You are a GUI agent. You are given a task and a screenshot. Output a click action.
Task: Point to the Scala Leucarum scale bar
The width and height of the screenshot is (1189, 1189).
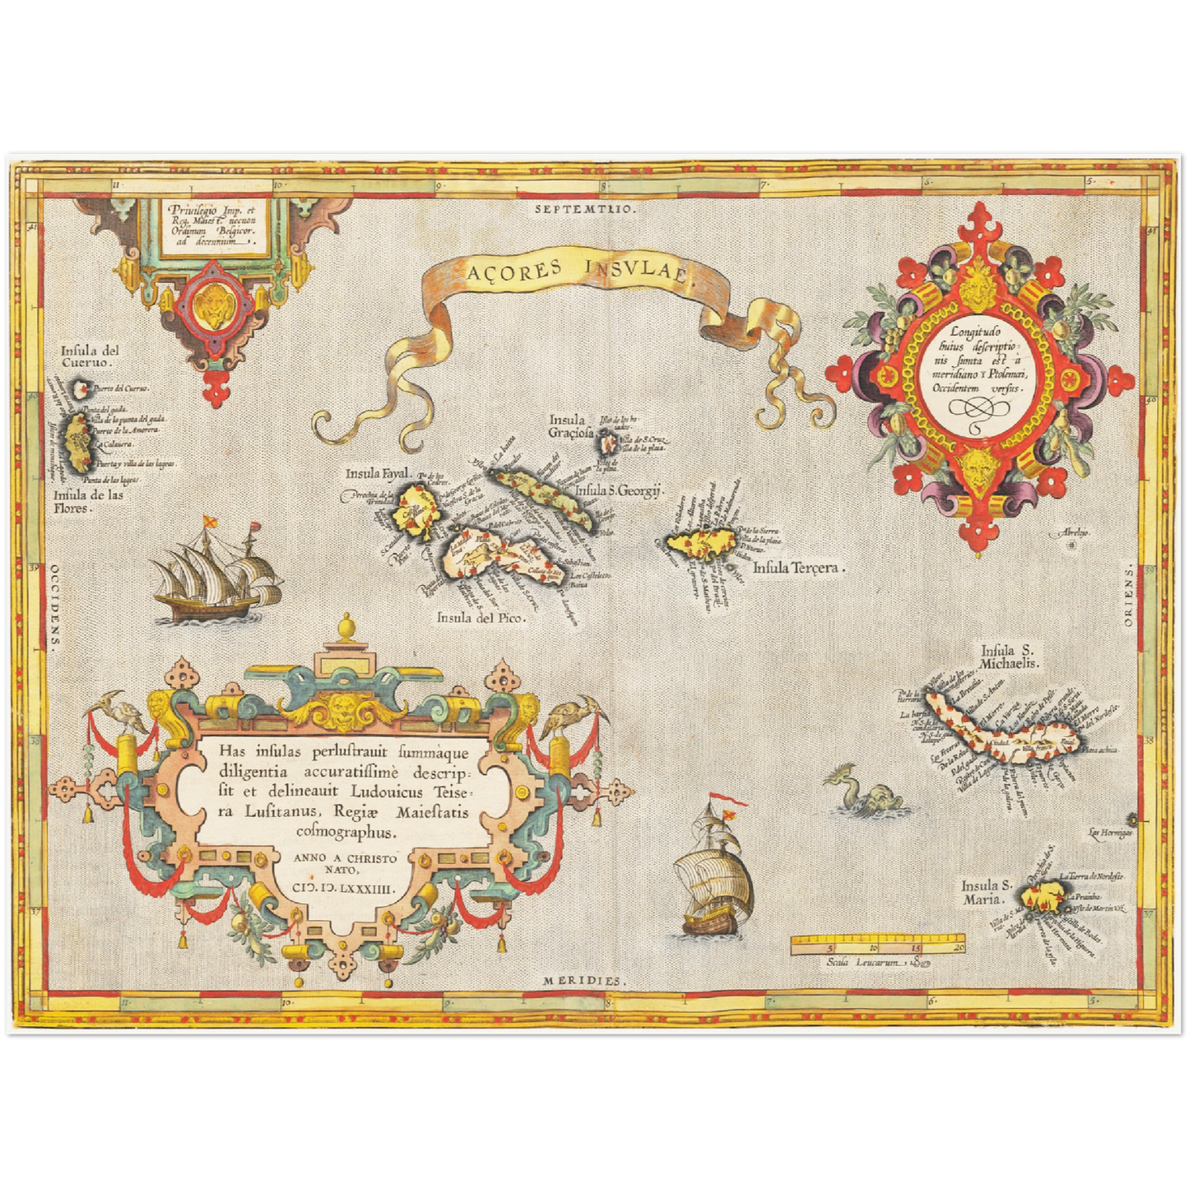pyautogui.click(x=877, y=944)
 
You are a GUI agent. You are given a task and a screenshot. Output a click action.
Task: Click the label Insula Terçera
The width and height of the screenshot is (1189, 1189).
pyautogui.click(x=798, y=568)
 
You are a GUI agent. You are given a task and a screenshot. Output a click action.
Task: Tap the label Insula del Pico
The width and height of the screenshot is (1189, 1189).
pyautogui.click(x=480, y=617)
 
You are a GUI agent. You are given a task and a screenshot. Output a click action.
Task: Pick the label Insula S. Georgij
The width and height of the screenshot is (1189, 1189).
pyautogui.click(x=619, y=491)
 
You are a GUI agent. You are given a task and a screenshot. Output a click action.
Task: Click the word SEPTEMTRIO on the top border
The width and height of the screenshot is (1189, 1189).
pyautogui.click(x=585, y=210)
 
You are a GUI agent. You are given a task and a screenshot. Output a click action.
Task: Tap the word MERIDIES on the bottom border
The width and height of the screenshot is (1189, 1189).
pyautogui.click(x=584, y=982)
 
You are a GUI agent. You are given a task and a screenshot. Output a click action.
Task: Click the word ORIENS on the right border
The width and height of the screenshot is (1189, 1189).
pyautogui.click(x=1128, y=595)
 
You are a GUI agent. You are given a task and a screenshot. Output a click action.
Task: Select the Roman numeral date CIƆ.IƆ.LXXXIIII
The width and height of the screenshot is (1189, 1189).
pyautogui.click(x=344, y=889)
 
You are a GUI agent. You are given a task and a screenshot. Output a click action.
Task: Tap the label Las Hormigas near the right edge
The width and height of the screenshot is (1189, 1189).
pyautogui.click(x=1109, y=833)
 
